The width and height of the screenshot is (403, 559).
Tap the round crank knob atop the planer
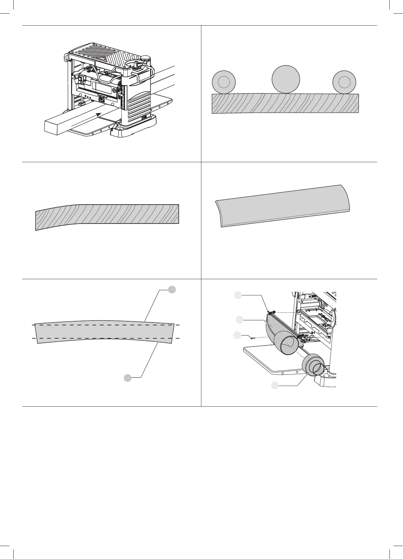point(146,58)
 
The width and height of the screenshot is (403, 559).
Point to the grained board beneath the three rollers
point(284,103)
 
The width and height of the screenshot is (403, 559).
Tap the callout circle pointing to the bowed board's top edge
point(172,289)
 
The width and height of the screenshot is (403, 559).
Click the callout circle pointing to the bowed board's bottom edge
point(127,378)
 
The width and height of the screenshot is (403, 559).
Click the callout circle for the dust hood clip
point(238,295)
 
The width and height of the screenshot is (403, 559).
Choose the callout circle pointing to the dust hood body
point(240,320)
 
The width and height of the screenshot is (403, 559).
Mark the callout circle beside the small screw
point(237,335)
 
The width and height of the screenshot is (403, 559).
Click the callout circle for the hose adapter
point(275,385)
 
